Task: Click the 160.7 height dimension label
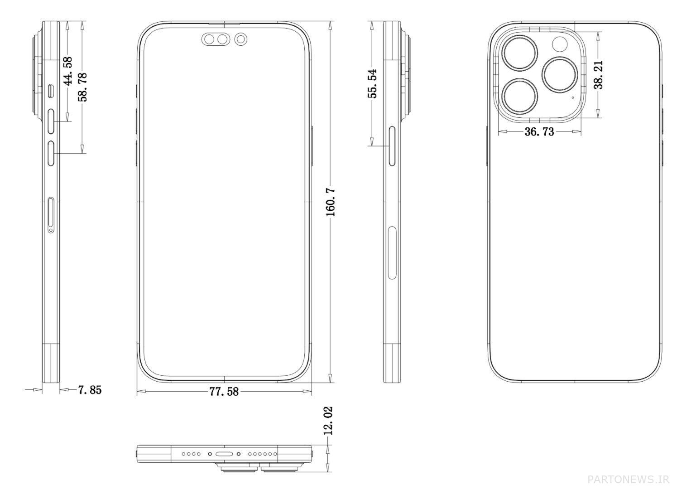331,202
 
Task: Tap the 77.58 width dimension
224,392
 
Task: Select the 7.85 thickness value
90,390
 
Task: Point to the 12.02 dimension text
328,421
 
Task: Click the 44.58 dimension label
68,71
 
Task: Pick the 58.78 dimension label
82,87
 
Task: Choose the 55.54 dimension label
372,83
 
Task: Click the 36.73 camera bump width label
539,131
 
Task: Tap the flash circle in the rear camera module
561,44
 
